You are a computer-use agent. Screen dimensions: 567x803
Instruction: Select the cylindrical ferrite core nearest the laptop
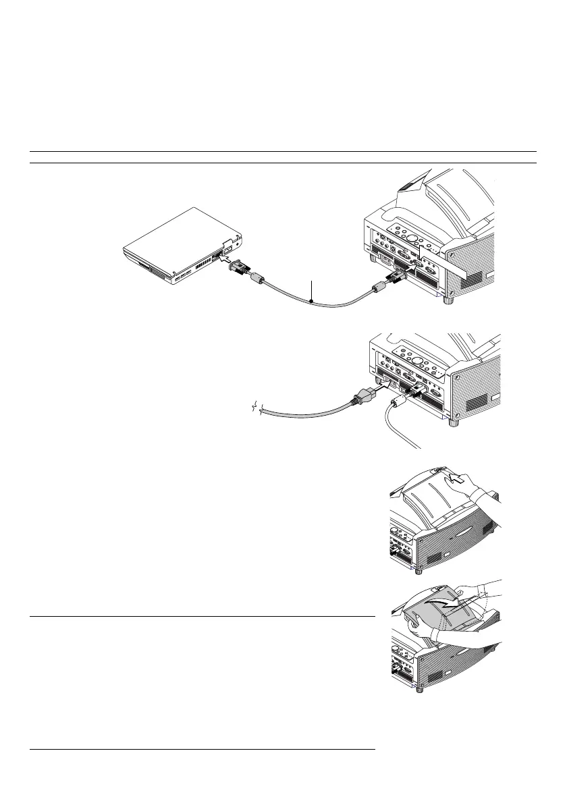256,278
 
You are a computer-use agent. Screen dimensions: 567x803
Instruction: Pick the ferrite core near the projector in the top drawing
379,289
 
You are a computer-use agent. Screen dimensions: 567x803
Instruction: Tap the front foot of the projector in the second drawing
454,423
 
